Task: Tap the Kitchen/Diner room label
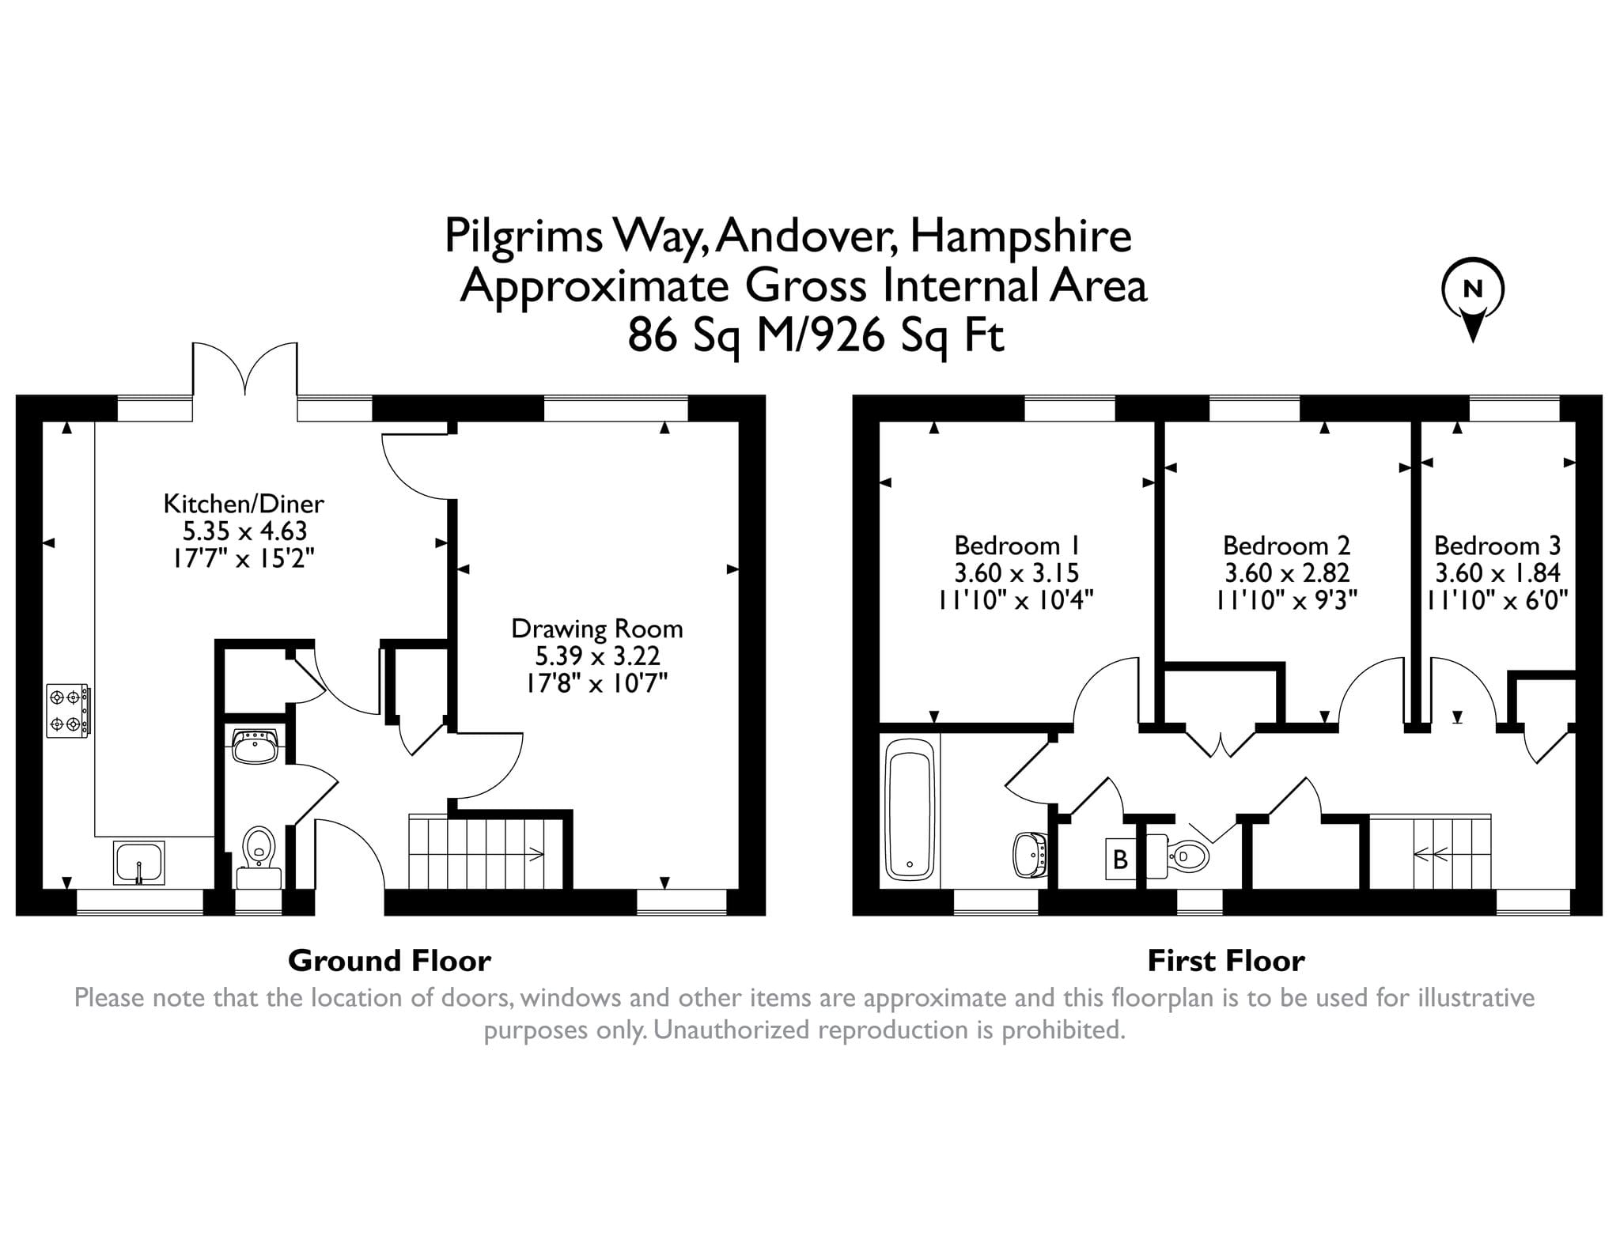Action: [x=244, y=504]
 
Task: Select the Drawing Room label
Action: [x=597, y=629]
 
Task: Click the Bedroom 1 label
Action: [x=1016, y=546]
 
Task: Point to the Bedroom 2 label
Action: [x=1287, y=546]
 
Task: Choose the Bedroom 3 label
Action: [x=1497, y=546]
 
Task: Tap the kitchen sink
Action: [x=139, y=862]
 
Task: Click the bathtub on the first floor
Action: [x=910, y=814]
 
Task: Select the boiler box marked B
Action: [x=1120, y=859]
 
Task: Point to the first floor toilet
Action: [x=1178, y=856]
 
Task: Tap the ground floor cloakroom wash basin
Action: [x=255, y=746]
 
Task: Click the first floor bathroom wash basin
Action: [x=1031, y=856]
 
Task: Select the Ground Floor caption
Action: [x=389, y=961]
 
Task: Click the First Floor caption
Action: [x=1226, y=961]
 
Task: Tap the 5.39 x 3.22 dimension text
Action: [x=597, y=656]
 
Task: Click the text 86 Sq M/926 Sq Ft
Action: [x=816, y=335]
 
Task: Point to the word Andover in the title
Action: [x=807, y=236]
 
